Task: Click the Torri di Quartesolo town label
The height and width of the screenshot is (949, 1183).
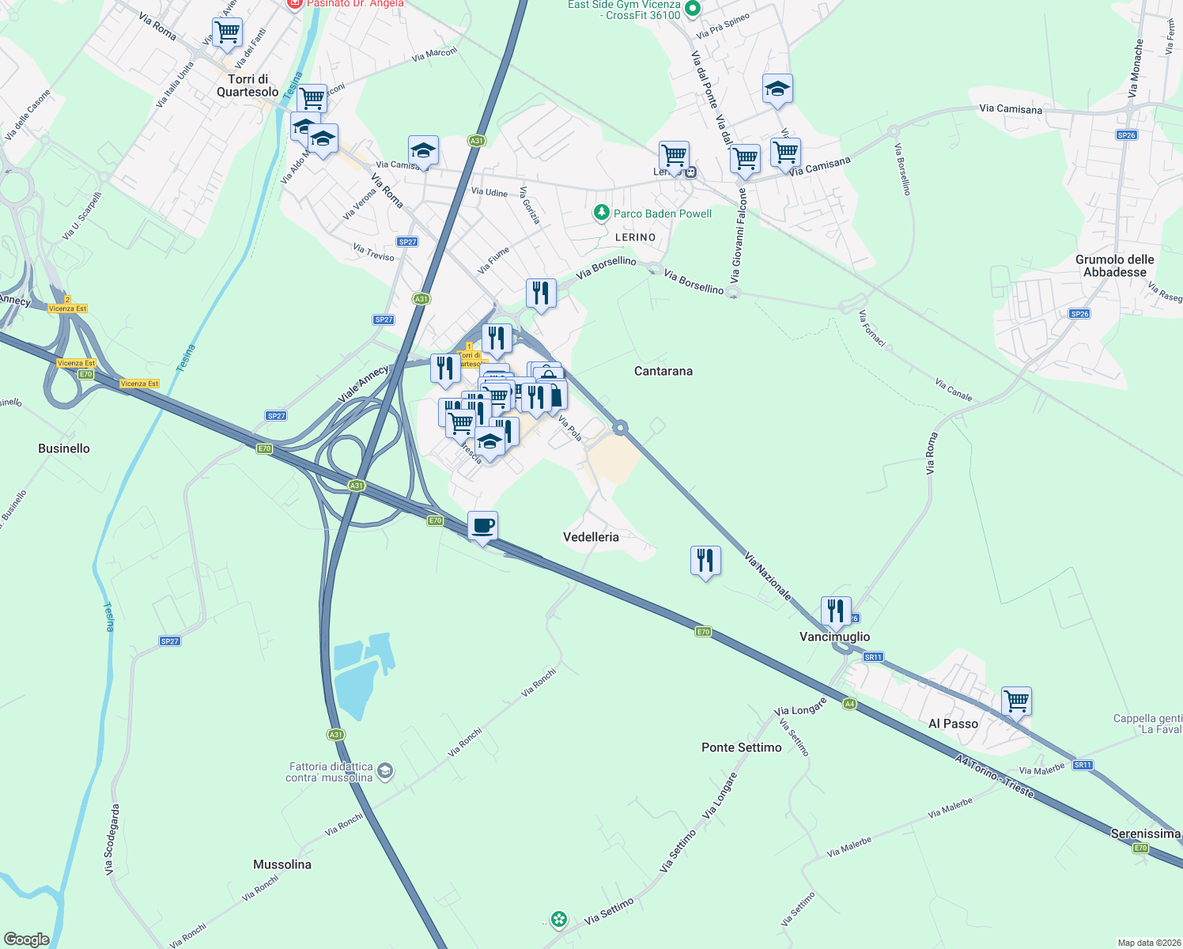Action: [248, 85]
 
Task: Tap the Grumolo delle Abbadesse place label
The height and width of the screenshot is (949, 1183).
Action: [1114, 266]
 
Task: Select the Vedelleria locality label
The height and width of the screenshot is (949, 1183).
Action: [591, 537]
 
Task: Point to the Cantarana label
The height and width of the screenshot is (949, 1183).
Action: [663, 371]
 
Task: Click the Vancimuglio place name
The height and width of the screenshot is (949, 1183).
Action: [834, 637]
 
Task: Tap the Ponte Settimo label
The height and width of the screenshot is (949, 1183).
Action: [741, 747]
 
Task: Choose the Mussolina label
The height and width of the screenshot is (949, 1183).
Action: [282, 864]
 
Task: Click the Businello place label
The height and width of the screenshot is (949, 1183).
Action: [64, 448]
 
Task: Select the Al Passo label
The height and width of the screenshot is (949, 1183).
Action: [953, 724]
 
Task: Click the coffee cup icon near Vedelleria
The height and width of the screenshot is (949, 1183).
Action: [482, 526]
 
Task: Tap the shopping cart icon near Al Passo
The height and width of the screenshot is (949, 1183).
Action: [1016, 700]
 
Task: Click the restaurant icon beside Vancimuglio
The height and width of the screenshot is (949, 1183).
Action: [836, 611]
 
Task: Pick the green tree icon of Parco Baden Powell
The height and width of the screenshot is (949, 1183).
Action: [602, 213]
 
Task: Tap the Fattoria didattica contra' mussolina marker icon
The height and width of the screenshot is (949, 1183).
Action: [385, 771]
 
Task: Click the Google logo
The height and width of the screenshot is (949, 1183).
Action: [27, 940]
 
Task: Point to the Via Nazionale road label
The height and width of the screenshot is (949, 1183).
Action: [767, 576]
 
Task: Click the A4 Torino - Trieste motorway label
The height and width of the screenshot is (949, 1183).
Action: [993, 777]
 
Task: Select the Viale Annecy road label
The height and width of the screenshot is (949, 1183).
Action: [363, 384]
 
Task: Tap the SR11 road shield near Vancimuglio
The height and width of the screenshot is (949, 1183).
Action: [873, 657]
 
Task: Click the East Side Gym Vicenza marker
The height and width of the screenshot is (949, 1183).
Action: [693, 9]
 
